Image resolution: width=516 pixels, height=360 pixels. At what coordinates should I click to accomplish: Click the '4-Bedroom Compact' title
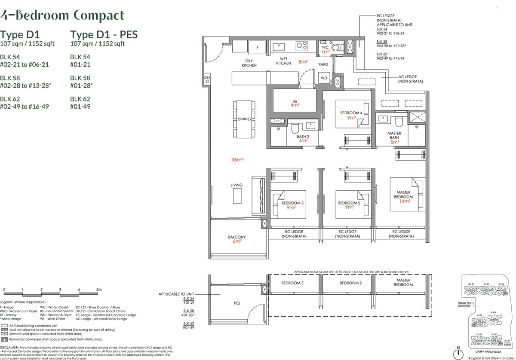pos(62,16)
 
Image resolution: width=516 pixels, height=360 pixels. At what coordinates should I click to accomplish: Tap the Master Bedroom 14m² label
pos(403,197)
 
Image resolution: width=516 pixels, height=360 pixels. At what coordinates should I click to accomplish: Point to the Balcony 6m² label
pos(236,239)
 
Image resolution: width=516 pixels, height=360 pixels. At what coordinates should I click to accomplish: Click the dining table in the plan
pos(244,119)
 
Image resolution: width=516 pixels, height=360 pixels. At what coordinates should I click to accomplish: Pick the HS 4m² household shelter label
pos(295,104)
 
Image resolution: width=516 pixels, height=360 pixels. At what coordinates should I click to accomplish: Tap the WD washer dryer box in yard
pos(324,78)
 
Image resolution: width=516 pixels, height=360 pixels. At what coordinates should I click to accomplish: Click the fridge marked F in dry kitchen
pos(257,46)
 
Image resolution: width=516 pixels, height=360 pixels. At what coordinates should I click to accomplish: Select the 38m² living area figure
pos(237,159)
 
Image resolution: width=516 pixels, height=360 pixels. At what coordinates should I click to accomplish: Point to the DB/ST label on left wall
pos(206,79)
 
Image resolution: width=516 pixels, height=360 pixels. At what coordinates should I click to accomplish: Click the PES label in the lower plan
pos(237,303)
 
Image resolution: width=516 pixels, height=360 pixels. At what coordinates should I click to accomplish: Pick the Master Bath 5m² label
pos(394,137)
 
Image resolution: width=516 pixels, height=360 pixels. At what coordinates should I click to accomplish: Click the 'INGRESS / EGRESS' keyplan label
pos(466,305)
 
